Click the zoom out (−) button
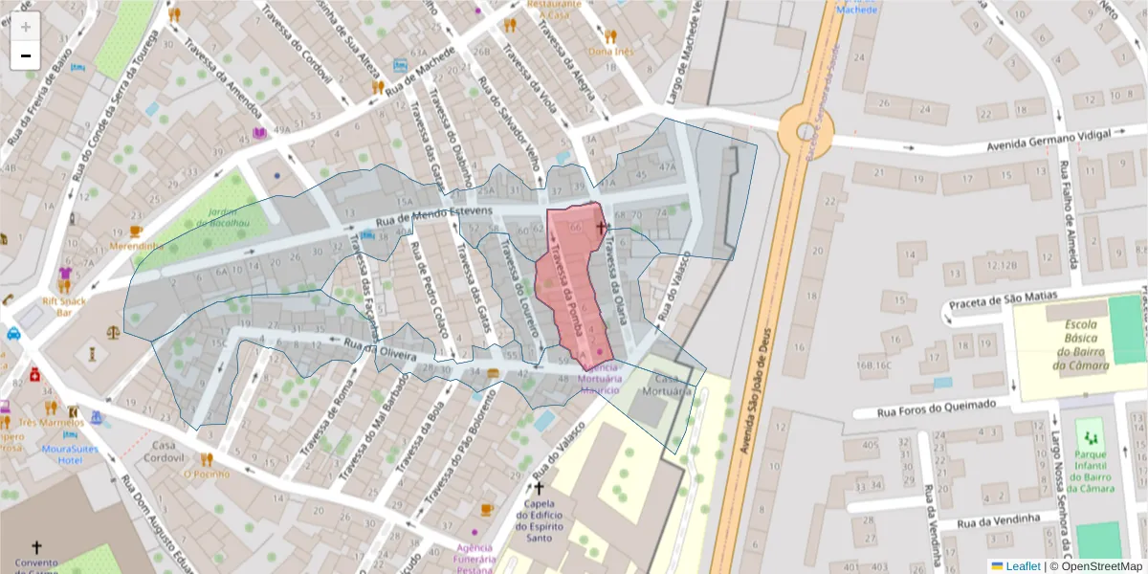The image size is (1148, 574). pyautogui.click(x=26, y=55)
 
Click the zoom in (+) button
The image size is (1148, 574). pyautogui.click(x=26, y=27)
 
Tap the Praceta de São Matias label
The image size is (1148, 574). pyautogui.click(x=1004, y=301)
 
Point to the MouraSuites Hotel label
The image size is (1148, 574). pyautogui.click(x=69, y=453)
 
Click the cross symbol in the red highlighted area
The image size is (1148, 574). pyautogui.click(x=602, y=227)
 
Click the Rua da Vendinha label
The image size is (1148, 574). pyautogui.click(x=999, y=519)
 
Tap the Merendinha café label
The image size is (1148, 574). pyautogui.click(x=137, y=245)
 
